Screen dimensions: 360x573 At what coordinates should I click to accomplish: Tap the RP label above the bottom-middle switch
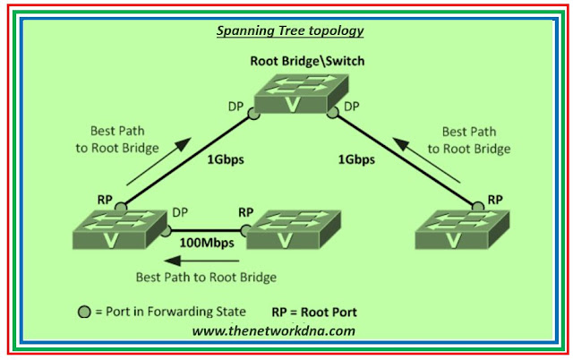(246, 213)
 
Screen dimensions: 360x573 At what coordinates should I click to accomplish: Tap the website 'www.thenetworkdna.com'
(274, 330)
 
